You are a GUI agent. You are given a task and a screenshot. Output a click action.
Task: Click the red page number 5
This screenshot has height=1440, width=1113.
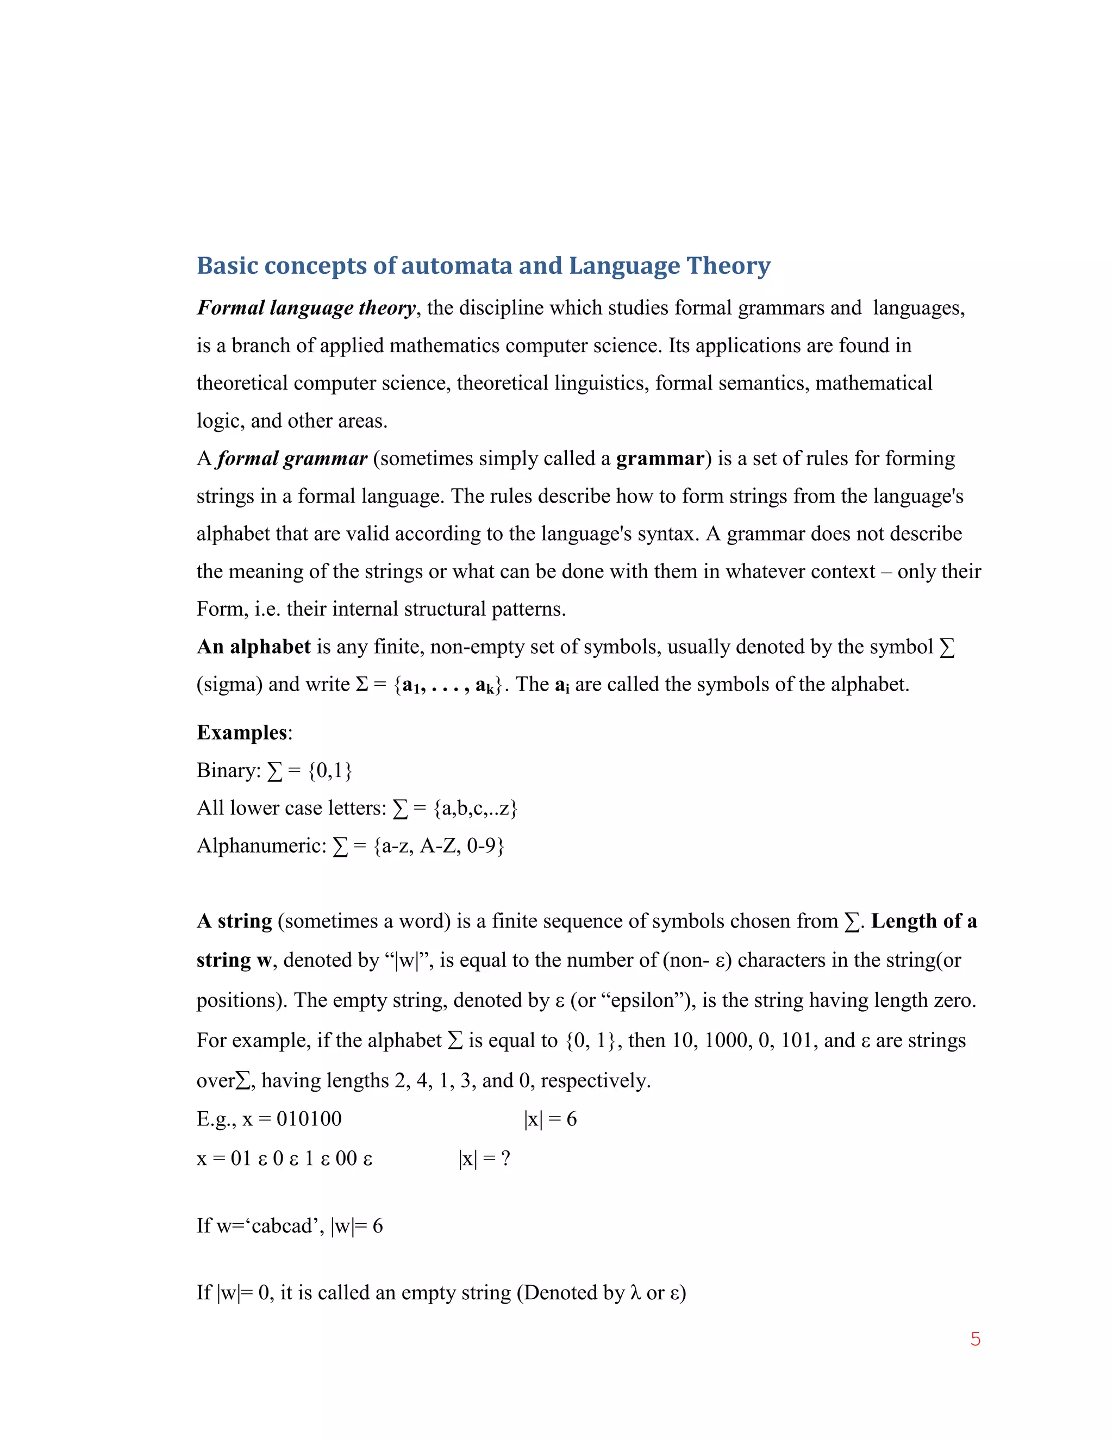point(975,1339)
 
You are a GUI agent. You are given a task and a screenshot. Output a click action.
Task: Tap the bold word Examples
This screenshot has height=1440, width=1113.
point(242,732)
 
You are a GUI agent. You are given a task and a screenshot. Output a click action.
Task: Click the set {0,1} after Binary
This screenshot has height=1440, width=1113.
point(330,770)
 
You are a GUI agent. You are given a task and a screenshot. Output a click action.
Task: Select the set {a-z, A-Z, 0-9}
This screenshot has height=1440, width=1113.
point(439,846)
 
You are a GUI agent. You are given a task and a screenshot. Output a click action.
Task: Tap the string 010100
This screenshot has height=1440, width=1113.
point(309,1118)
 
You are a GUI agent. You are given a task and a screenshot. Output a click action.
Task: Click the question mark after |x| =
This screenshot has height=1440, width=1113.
point(505,1159)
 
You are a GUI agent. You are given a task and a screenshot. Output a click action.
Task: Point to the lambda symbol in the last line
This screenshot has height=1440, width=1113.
point(636,1292)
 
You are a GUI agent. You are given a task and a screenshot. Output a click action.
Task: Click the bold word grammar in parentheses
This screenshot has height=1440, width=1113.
point(660,458)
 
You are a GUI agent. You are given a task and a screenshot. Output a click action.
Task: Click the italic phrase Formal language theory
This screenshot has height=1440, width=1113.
point(307,308)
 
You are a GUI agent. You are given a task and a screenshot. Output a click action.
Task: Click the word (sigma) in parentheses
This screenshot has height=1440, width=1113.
point(229,684)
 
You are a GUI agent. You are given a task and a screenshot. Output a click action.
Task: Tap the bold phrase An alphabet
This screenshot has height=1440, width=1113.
point(253,647)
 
